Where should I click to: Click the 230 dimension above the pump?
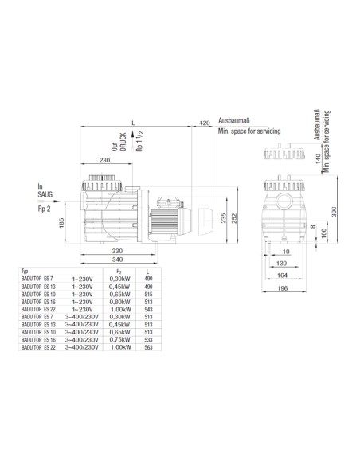tap(104, 160)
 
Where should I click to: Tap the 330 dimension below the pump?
tap(117, 251)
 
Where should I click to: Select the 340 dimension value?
tap(117, 260)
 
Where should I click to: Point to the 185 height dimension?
tap(61, 223)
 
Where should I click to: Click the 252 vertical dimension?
tap(234, 218)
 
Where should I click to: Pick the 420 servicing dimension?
tap(204, 123)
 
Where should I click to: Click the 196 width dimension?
tap(283, 288)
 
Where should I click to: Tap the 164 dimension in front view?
tap(282, 275)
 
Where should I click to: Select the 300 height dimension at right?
tap(334, 212)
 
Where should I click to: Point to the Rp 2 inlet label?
tap(44, 209)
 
